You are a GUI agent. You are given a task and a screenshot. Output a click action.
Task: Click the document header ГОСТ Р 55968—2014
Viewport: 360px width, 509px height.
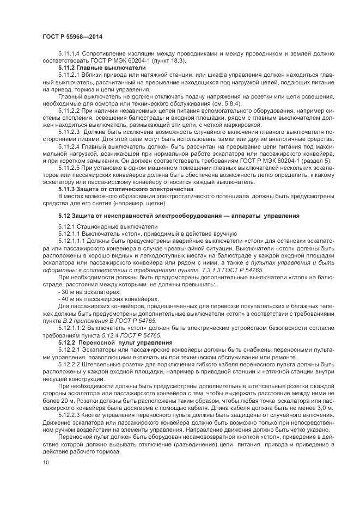[71, 36]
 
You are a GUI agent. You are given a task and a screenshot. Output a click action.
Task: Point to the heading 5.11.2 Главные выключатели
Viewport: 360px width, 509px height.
[94, 68]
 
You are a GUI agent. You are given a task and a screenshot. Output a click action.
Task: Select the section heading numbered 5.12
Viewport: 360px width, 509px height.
[178, 216]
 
